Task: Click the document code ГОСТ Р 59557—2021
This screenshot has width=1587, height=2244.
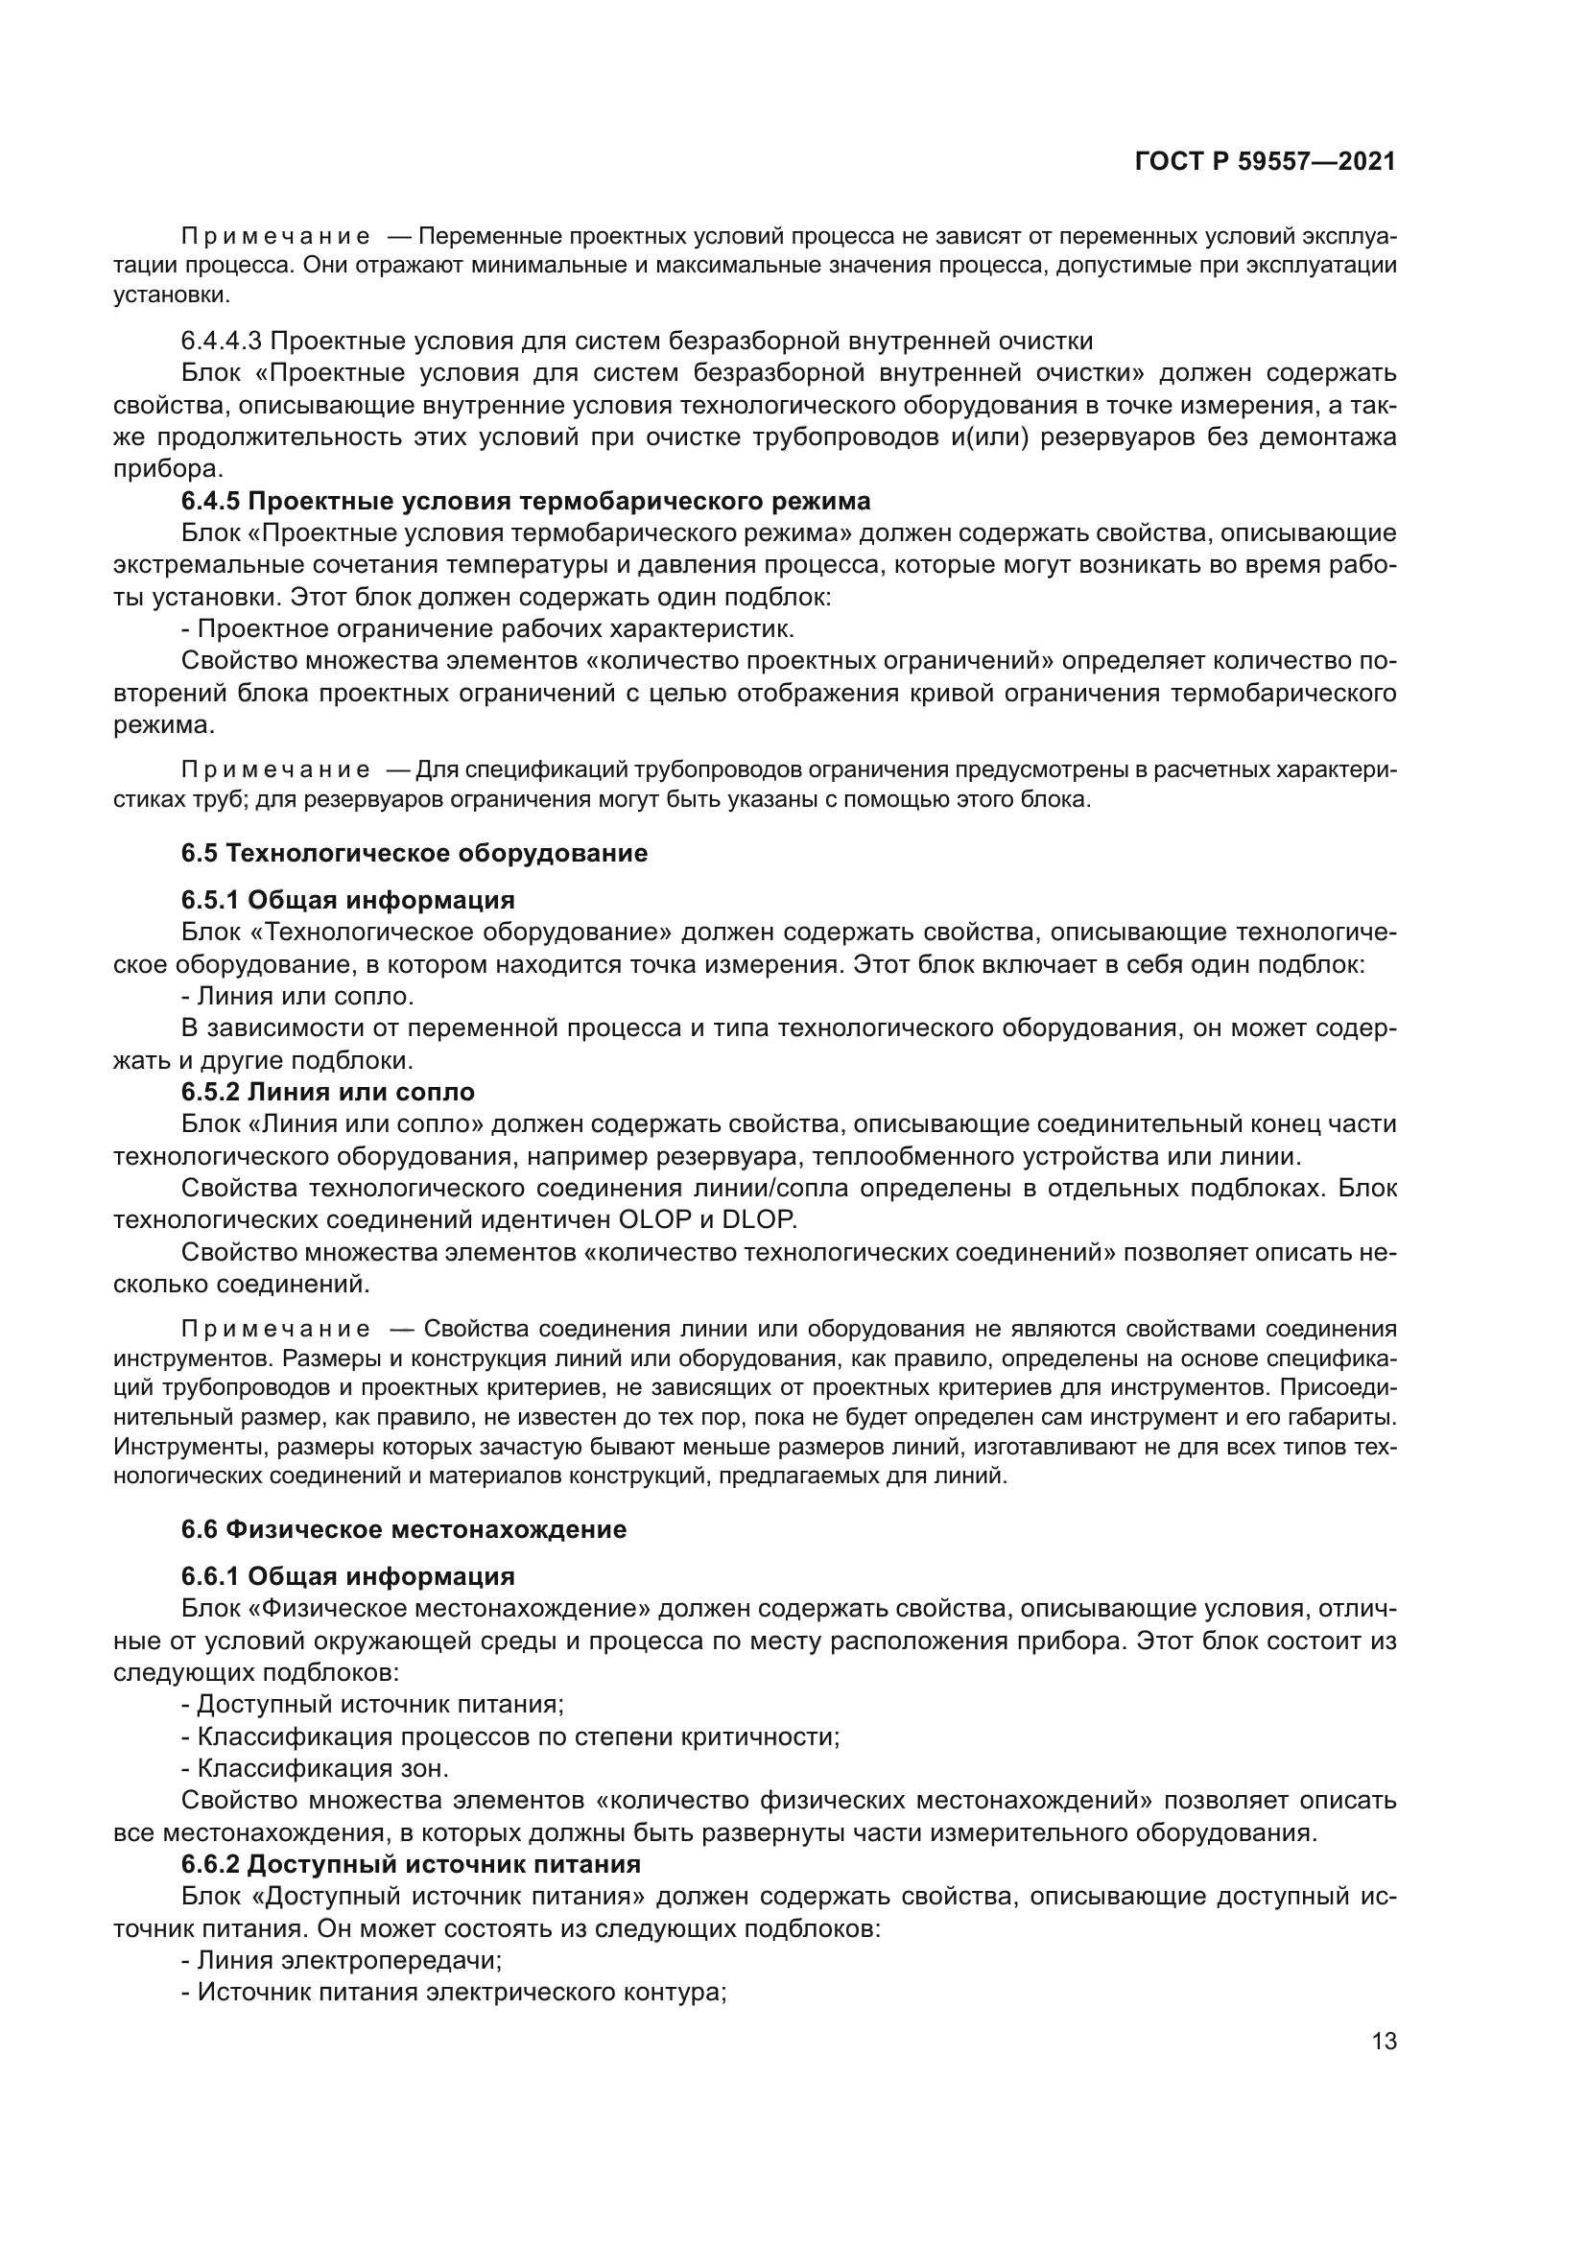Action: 1266,161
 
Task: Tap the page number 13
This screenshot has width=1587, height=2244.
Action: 1384,2041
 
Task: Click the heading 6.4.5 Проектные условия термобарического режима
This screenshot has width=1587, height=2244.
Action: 526,502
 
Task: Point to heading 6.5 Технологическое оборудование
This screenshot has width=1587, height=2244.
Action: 415,853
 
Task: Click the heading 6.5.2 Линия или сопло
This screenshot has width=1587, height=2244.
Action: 328,1092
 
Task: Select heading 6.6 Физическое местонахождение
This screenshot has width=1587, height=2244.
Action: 404,1529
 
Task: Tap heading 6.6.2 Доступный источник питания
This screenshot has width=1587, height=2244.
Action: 411,1864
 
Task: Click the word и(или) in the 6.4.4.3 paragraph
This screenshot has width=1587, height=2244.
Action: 988,437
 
